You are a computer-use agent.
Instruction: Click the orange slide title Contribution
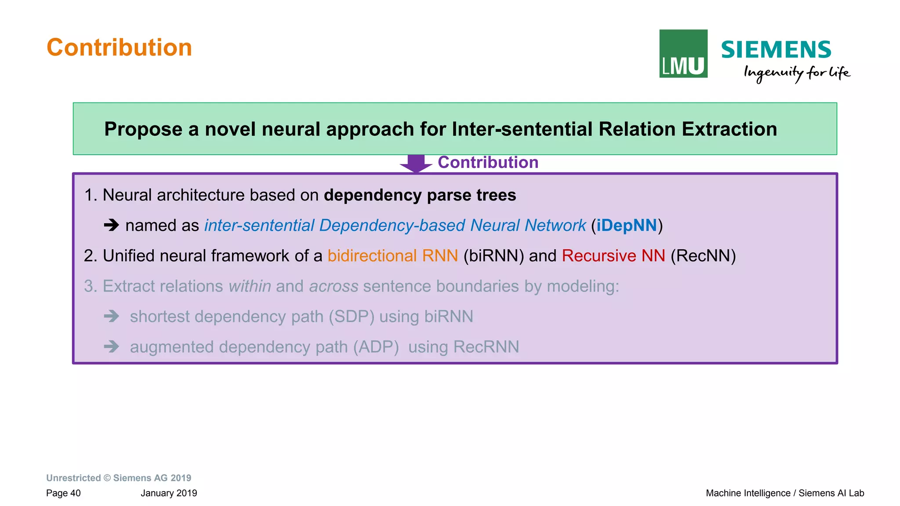click(119, 47)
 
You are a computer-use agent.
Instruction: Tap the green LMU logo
click(683, 54)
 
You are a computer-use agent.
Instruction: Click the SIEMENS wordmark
click(776, 50)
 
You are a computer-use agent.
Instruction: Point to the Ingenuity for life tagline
click(796, 73)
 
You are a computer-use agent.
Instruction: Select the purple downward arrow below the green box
click(416, 164)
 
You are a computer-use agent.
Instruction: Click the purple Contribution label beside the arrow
click(488, 163)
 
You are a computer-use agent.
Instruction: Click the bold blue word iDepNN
click(626, 226)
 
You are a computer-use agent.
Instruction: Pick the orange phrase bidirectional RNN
click(392, 256)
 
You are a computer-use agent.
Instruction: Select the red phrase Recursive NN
click(613, 256)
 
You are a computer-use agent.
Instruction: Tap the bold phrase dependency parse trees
click(420, 195)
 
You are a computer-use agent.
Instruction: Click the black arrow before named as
click(112, 226)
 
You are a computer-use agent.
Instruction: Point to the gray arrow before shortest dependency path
click(112, 316)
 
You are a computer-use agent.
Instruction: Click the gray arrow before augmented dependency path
click(112, 347)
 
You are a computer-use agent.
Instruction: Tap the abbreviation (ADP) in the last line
click(376, 347)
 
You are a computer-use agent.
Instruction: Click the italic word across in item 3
click(334, 287)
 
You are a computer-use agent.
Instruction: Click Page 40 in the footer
click(63, 493)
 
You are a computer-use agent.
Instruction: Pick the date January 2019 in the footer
click(169, 493)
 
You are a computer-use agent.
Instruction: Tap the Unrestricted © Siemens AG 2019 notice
click(119, 478)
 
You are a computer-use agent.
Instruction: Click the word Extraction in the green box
click(729, 129)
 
